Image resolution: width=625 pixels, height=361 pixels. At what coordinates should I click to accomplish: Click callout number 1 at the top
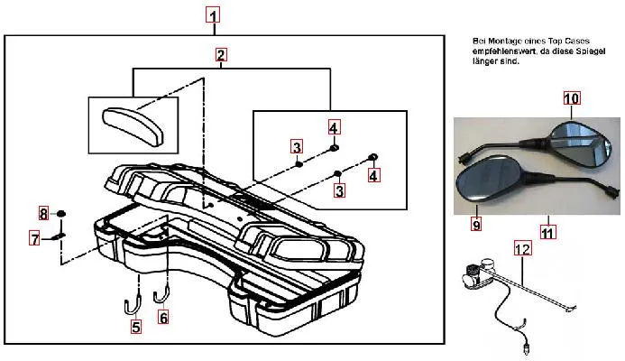(x=212, y=15)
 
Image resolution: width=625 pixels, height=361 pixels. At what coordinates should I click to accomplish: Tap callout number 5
(x=136, y=329)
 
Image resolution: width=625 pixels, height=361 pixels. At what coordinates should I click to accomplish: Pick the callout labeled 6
(x=163, y=317)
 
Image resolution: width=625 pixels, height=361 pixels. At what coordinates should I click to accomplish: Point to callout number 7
(x=35, y=239)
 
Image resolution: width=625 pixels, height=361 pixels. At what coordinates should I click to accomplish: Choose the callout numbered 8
(x=42, y=214)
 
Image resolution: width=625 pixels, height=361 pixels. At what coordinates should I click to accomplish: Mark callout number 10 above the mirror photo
(x=572, y=97)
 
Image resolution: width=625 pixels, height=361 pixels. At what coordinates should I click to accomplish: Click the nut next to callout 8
(x=61, y=214)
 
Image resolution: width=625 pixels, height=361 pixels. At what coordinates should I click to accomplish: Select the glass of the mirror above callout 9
(x=483, y=180)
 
